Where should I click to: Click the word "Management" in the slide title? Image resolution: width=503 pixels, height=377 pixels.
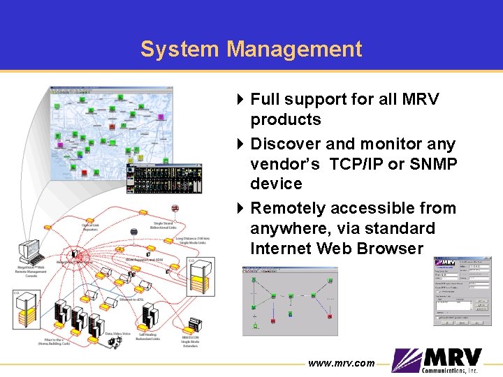[294, 50]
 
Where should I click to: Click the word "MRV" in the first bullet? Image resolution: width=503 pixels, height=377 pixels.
[421, 100]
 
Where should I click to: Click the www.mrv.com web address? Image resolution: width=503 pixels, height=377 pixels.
[342, 363]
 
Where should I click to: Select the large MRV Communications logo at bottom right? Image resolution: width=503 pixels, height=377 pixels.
[438, 360]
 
